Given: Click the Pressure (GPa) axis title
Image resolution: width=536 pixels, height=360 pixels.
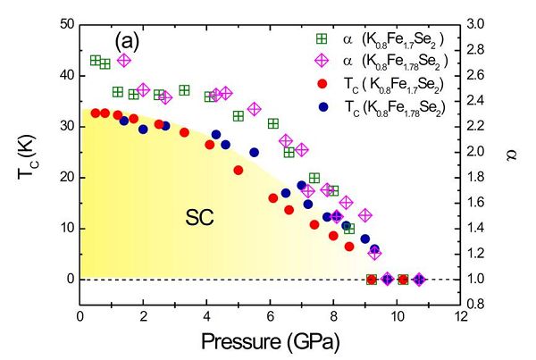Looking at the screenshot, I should point(269,340).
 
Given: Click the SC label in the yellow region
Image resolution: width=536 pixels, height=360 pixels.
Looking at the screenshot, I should point(199,216).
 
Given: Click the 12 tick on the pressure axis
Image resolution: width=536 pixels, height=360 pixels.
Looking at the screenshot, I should point(460,315).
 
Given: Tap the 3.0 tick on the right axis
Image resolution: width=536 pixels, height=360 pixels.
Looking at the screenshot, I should point(479,23).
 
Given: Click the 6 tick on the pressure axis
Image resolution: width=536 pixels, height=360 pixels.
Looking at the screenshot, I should point(271,315).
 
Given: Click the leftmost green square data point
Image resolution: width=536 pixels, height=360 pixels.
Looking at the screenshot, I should point(96,61).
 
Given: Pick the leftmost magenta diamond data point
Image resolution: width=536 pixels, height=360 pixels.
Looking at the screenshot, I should point(124,61).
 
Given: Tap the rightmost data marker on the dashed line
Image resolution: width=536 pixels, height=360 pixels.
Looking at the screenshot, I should point(419,280).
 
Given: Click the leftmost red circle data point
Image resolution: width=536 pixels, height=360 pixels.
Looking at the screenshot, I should point(96,113).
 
